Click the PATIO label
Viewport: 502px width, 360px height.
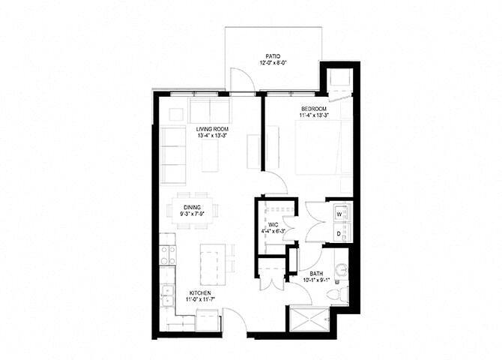(273, 55)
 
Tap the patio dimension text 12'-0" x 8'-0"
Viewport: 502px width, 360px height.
(273, 63)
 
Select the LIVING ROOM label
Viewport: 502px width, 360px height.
(212, 129)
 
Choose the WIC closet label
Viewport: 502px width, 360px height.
(273, 224)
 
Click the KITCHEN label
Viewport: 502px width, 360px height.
(199, 292)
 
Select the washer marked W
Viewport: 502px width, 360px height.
(339, 214)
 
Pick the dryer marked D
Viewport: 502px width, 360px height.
(339, 234)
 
